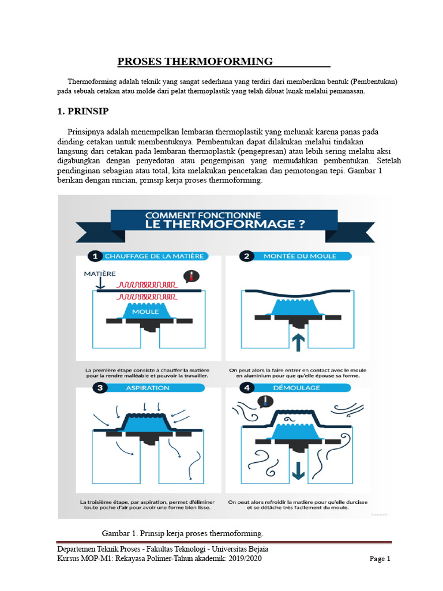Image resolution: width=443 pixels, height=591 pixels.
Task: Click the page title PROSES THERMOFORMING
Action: pyautogui.click(x=195, y=61)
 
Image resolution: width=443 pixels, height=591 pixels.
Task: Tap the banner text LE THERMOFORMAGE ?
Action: pyautogui.click(x=225, y=223)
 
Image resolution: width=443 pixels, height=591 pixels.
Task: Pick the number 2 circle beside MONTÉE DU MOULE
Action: pyautogui.click(x=247, y=256)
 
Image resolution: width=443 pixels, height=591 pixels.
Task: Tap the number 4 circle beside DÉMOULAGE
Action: pyautogui.click(x=247, y=388)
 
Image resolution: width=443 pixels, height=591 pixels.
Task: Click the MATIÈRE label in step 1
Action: pyautogui.click(x=100, y=273)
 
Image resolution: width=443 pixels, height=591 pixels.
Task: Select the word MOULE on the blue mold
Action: pyautogui.click(x=145, y=311)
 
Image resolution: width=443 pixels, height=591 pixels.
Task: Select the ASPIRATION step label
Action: pyautogui.click(x=148, y=388)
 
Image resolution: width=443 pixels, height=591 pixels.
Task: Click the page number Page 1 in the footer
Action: pyautogui.click(x=380, y=559)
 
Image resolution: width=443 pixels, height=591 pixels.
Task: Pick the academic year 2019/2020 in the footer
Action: pyautogui.click(x=246, y=559)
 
